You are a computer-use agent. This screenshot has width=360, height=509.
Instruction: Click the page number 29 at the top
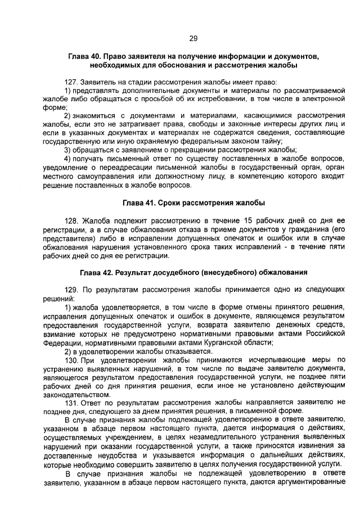point(193,38)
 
